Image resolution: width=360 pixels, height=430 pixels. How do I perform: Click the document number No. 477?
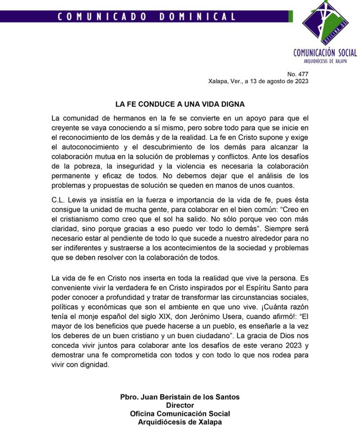click(x=298, y=74)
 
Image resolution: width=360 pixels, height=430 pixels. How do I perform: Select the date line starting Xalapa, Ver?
click(x=258, y=81)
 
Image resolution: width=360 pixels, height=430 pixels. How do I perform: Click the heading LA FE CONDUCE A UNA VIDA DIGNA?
click(x=180, y=104)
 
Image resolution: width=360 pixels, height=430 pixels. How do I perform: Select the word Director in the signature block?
click(x=180, y=405)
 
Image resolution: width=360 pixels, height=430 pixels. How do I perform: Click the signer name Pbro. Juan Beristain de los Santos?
click(x=180, y=397)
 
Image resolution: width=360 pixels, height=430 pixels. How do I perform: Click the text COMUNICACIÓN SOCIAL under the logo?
click(x=325, y=53)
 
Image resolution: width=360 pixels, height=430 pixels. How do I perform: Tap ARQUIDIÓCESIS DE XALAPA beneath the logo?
click(x=325, y=61)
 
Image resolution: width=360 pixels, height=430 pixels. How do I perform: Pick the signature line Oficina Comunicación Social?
click(x=180, y=414)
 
